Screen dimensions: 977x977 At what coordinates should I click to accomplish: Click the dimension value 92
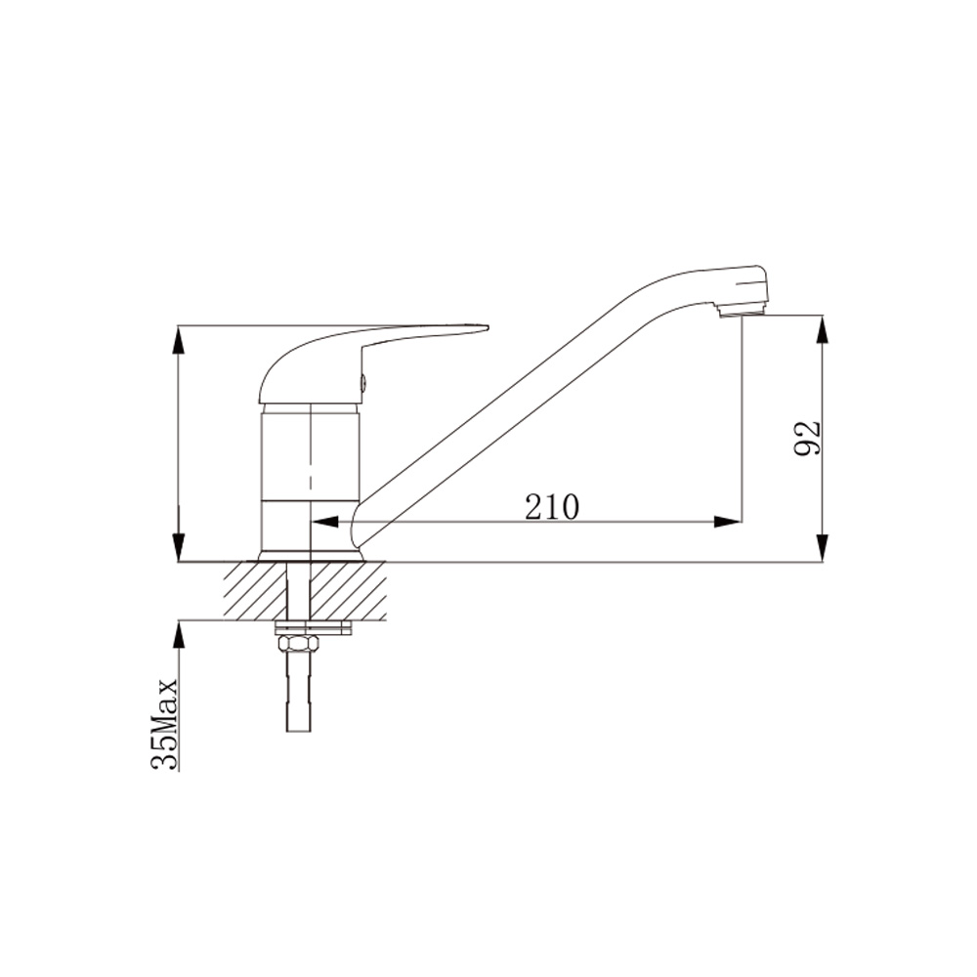coord(808,438)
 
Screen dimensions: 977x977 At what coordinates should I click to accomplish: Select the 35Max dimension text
coord(164,725)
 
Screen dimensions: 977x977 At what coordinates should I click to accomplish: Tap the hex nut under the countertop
coord(298,643)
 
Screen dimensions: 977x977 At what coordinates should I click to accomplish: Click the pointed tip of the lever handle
coord(488,326)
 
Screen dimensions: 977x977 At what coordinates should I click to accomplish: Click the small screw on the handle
coord(362,381)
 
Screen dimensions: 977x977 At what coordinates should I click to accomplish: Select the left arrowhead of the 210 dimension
coord(324,522)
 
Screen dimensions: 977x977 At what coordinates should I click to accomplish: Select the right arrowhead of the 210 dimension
coord(728,522)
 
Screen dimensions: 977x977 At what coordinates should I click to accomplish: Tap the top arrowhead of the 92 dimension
coord(823,329)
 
